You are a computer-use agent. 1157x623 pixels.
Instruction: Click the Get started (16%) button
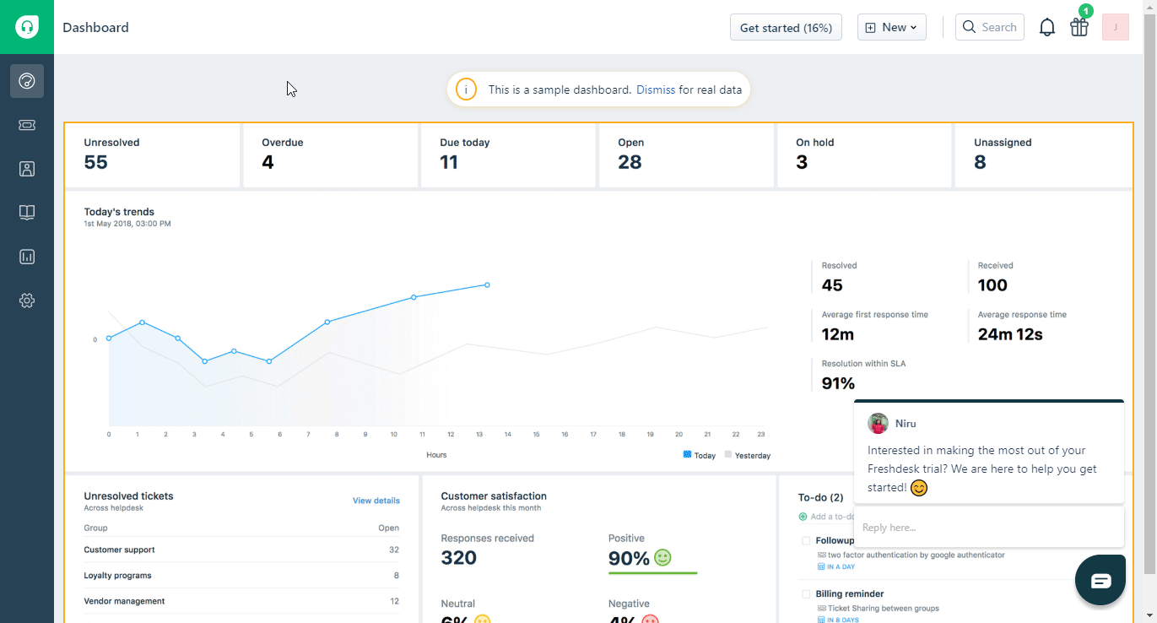click(x=786, y=28)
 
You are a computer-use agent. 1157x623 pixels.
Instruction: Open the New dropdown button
click(x=891, y=28)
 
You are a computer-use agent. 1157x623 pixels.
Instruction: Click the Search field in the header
click(x=990, y=28)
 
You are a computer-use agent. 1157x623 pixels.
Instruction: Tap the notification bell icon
click(x=1047, y=28)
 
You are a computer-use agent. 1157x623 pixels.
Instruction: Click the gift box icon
click(x=1079, y=27)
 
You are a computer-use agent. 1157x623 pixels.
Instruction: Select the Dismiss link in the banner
click(x=656, y=89)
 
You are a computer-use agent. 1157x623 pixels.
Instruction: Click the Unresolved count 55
click(x=96, y=162)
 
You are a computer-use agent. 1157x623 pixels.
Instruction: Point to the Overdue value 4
click(x=268, y=162)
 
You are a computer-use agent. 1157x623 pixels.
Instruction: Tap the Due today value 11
click(x=449, y=162)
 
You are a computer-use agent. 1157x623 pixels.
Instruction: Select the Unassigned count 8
click(x=980, y=162)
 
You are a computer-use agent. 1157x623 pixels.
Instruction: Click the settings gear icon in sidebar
click(x=27, y=301)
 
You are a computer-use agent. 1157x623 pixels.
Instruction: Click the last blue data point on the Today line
click(x=487, y=285)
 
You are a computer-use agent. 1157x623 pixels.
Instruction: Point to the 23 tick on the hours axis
click(x=761, y=435)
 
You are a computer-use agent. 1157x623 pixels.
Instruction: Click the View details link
click(x=376, y=501)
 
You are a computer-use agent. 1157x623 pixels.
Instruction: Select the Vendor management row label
click(x=124, y=601)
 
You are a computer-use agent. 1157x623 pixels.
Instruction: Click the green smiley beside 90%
click(x=662, y=558)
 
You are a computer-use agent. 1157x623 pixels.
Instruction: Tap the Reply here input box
click(x=987, y=528)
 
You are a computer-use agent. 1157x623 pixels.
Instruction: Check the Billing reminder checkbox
click(x=806, y=594)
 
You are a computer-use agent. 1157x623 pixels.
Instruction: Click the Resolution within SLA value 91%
click(x=839, y=383)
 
